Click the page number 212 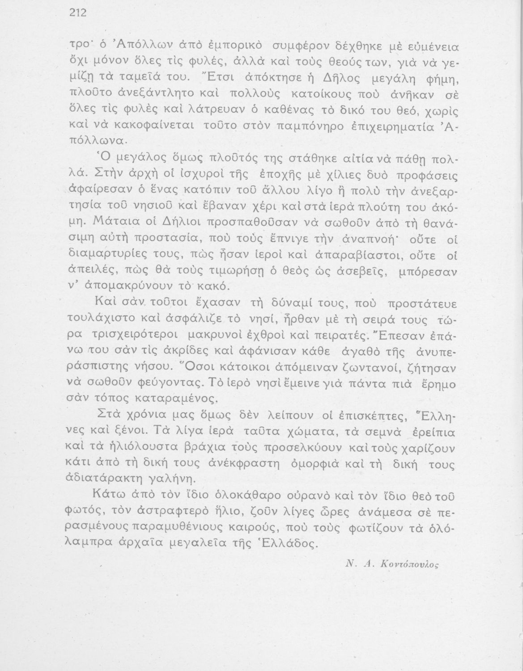[77, 13]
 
